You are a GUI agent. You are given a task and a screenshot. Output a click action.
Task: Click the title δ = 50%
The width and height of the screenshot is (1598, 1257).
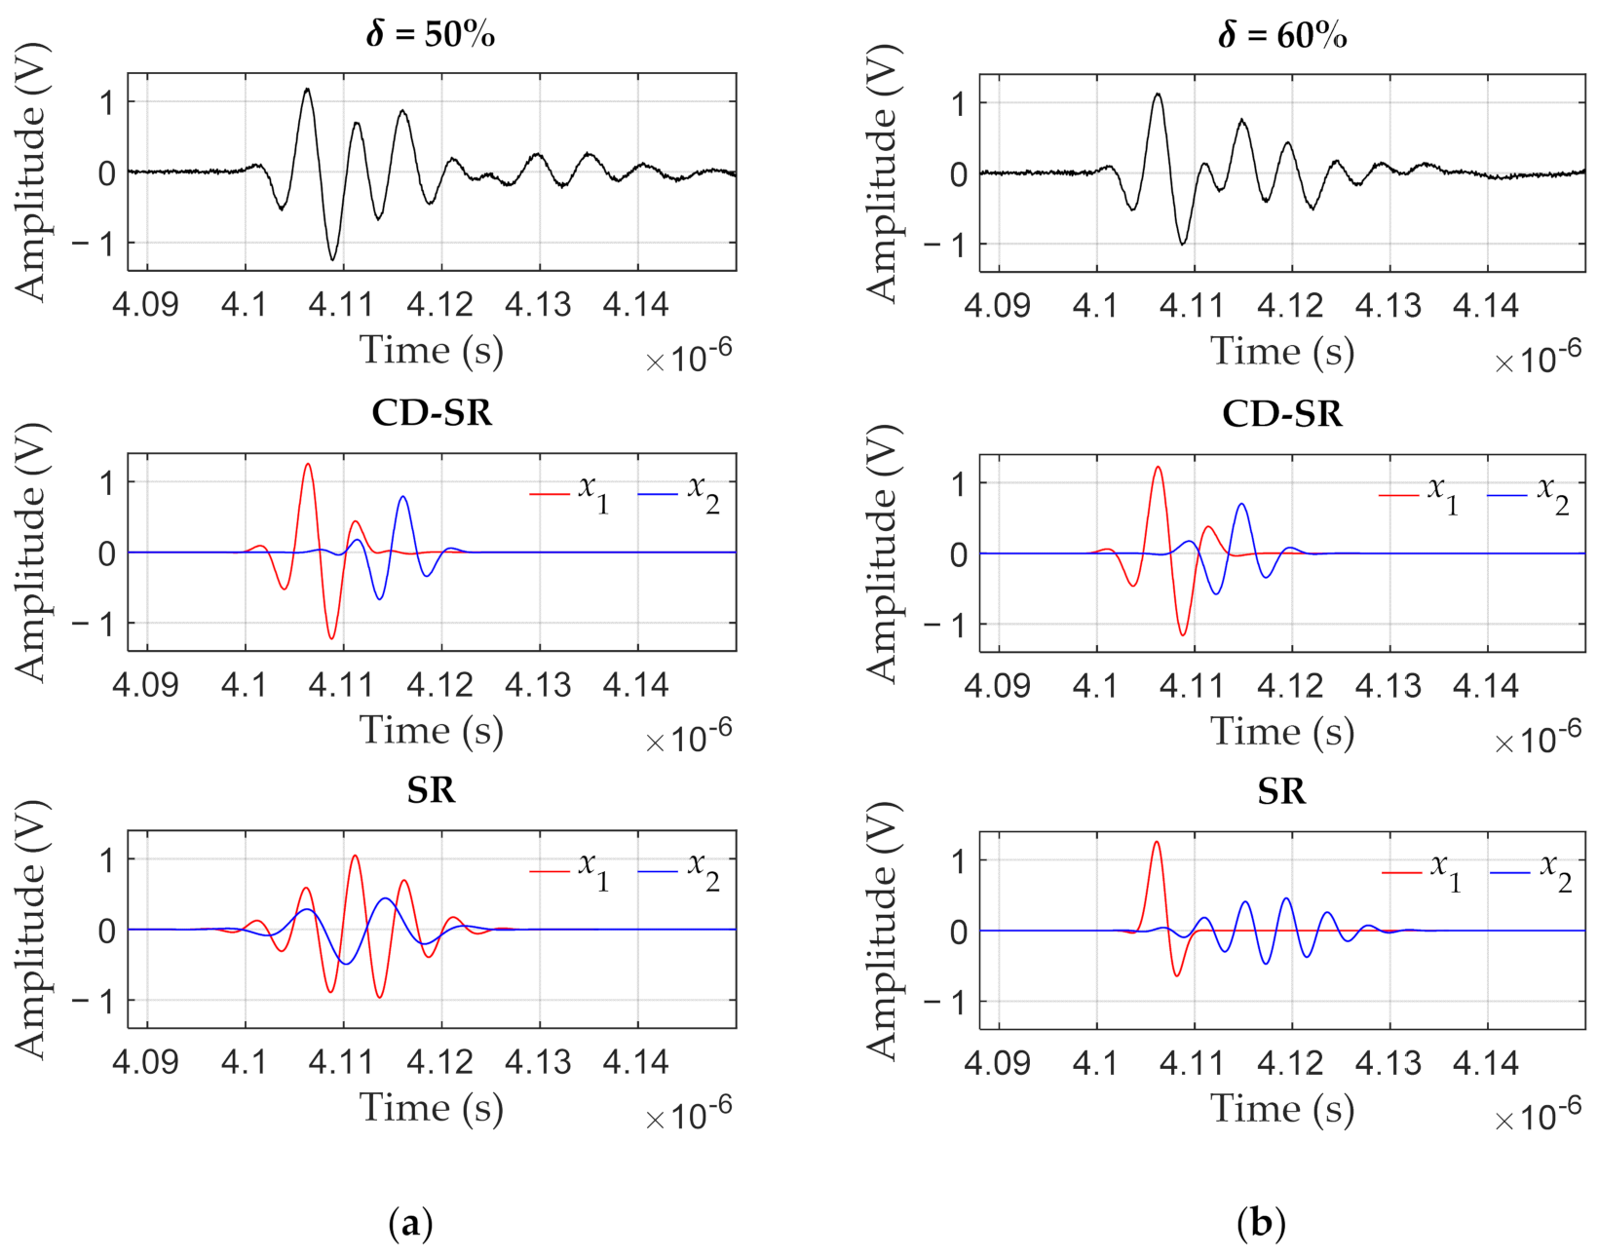point(430,35)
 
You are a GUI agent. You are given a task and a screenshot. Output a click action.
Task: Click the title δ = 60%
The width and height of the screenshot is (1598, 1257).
point(1281,36)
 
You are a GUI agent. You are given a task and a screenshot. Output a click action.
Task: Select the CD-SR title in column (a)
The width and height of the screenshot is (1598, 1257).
point(432,413)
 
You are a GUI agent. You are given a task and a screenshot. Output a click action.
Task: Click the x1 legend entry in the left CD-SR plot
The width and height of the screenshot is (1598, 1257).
point(571,493)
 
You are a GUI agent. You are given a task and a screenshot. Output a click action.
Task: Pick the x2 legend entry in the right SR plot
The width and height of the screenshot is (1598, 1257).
point(1531,871)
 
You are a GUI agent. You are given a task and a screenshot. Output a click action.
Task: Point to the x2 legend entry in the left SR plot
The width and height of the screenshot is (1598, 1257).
point(679,870)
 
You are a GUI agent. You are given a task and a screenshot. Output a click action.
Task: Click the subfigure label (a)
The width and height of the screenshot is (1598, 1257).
point(410,1222)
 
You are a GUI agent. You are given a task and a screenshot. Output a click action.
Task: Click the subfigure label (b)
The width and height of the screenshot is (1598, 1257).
point(1261,1222)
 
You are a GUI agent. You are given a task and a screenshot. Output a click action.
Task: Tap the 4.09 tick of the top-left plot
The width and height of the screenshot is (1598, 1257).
point(146,305)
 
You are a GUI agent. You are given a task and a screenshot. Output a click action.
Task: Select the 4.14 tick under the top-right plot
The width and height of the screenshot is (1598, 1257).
point(1485,306)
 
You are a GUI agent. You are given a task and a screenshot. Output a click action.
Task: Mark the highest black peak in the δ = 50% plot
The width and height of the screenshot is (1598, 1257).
point(307,89)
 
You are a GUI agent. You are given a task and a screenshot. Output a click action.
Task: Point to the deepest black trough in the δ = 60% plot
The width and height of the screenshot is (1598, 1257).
point(1183,244)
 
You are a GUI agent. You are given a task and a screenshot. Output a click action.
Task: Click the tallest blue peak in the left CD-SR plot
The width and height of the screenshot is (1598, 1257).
point(402,497)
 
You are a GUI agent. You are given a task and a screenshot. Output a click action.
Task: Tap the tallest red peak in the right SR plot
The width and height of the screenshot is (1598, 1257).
point(1157,842)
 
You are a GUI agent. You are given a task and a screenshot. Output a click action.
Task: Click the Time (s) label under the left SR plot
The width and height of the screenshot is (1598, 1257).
point(432,1108)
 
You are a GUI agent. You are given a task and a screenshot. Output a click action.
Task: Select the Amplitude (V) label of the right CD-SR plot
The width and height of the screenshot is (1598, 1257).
point(882,552)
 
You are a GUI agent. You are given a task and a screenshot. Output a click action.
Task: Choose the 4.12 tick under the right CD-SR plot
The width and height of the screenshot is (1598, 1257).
point(1290,686)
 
